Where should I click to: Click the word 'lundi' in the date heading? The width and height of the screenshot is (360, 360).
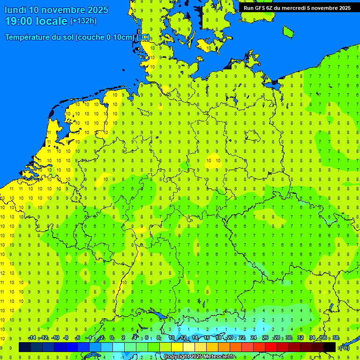click(15, 10)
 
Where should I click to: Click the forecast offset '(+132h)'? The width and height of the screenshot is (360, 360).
click(83, 21)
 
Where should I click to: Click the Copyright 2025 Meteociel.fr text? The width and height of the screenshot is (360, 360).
click(199, 357)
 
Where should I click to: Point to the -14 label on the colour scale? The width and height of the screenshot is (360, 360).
click(32, 338)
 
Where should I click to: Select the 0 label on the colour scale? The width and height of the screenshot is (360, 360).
click(112, 338)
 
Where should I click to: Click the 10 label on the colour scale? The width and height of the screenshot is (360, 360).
click(172, 338)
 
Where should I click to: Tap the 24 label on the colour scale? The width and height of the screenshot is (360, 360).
click(254, 338)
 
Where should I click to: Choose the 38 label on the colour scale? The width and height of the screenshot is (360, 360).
click(336, 338)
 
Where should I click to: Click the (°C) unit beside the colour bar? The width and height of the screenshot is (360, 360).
click(344, 348)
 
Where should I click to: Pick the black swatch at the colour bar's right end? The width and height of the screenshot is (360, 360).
click(330, 347)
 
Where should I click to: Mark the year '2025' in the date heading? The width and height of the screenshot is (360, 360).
click(96, 10)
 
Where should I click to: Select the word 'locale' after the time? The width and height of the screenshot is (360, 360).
click(53, 21)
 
